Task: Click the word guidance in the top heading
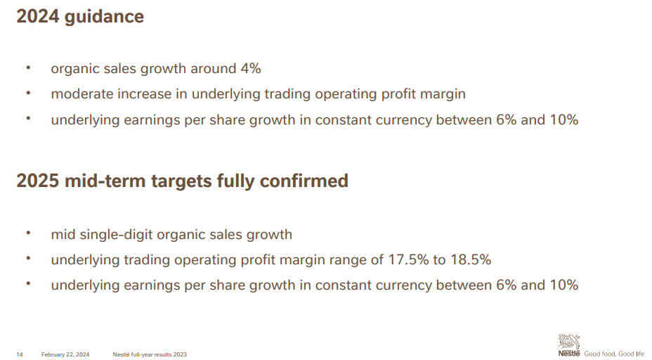105,18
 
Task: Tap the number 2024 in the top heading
38,16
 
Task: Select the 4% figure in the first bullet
251,68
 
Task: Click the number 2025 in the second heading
38,181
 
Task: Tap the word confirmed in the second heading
304,181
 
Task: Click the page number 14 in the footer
20,354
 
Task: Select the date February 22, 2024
65,354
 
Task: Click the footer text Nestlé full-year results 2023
150,354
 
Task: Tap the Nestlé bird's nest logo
569,345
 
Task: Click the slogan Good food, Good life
614,354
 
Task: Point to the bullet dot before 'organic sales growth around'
28,67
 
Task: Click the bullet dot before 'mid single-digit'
28,233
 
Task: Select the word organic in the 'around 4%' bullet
75,69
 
